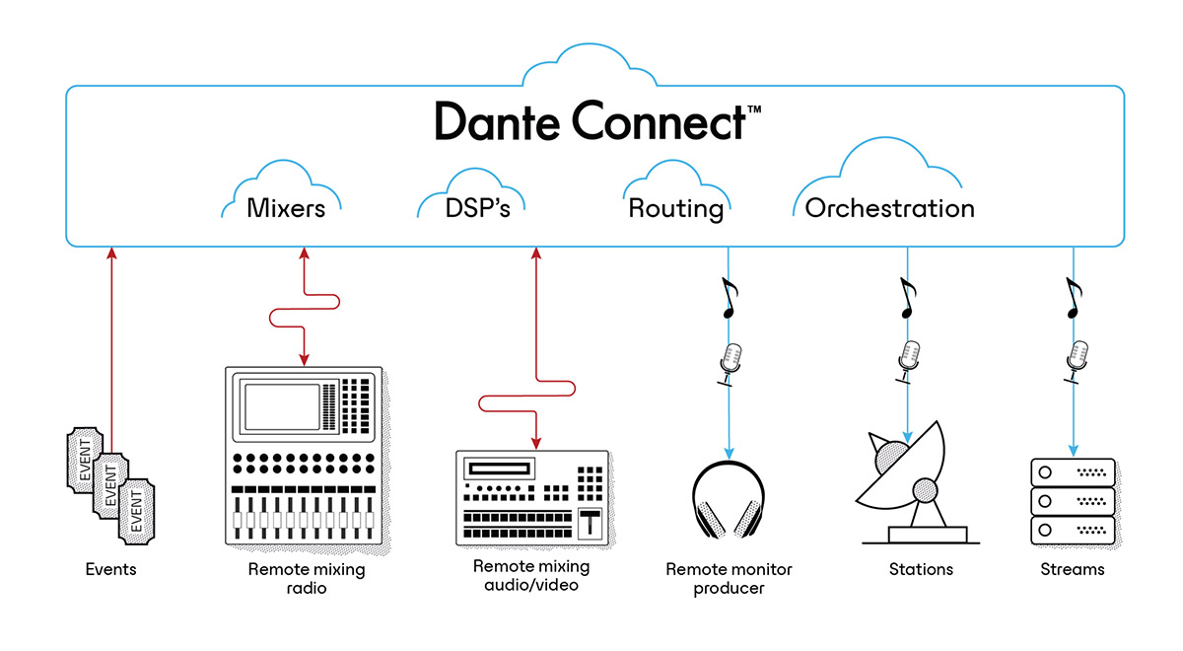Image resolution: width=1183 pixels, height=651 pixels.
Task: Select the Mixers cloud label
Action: tap(285, 208)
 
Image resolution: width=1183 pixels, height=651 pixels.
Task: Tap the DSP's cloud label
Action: tap(470, 208)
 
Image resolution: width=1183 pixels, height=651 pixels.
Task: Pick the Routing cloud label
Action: tap(675, 208)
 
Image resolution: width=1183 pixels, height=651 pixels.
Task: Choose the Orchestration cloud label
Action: tap(889, 208)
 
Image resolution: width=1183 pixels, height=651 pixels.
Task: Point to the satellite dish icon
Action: tap(907, 482)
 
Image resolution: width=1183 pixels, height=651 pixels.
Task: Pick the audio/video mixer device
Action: tap(532, 497)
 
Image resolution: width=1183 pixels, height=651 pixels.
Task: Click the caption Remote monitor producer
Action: tap(729, 579)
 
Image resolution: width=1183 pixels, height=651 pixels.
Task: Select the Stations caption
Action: tap(921, 569)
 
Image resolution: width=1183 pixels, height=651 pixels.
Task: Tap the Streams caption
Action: tap(1073, 569)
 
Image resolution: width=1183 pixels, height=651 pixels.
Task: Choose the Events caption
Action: tap(110, 569)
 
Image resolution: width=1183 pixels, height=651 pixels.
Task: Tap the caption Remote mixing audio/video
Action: tap(531, 575)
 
